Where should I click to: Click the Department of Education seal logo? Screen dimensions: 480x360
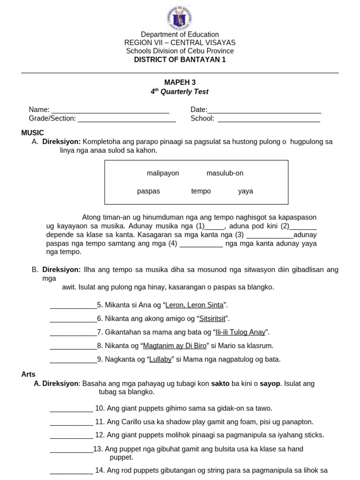179,17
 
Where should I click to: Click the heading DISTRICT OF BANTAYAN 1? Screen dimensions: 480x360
180,60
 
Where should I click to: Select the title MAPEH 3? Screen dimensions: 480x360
180,82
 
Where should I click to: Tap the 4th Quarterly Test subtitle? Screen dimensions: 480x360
180,92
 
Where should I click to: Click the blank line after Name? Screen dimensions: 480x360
110,111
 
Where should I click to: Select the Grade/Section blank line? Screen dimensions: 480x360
127,119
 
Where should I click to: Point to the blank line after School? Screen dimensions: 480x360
269,119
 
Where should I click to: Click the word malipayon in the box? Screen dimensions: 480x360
163,173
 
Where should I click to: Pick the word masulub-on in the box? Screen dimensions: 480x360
225,173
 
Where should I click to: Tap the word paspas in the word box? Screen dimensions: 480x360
149,191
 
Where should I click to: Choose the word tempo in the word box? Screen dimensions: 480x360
201,191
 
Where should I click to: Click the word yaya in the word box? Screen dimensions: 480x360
245,191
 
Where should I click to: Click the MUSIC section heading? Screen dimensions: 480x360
32,133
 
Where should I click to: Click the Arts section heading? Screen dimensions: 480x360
29,374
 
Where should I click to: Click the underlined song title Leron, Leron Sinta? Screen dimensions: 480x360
195,305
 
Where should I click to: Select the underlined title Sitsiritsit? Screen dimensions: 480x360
213,319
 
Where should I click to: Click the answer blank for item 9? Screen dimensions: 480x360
73,360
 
